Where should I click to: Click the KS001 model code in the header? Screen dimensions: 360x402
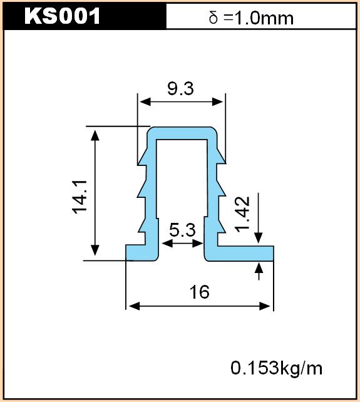click(62, 16)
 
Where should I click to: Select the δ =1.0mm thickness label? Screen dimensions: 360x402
click(251, 18)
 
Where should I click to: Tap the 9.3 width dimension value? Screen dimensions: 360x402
click(180, 89)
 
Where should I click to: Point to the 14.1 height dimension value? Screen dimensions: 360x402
click(80, 197)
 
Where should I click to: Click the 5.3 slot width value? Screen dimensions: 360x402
click(182, 230)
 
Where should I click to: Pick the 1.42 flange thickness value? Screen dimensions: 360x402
click(242, 214)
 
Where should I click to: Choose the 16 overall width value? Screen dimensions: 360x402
click(199, 292)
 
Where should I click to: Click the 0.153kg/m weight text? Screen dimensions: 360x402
click(276, 368)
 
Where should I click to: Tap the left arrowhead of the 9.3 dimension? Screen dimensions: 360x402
click(145, 102)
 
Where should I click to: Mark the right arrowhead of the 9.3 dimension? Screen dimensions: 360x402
click(218, 102)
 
